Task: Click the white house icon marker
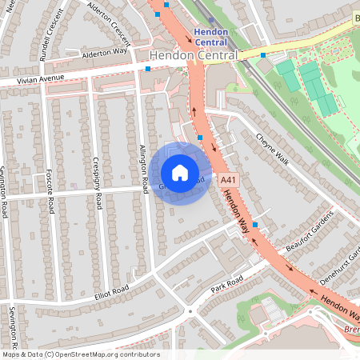[x=180, y=173]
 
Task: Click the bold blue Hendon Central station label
[x=210, y=36]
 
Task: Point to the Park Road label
[x=226, y=285]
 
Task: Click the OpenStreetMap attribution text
[x=80, y=354]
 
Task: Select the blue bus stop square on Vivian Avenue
[x=148, y=70]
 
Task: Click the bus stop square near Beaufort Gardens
[x=255, y=225]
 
